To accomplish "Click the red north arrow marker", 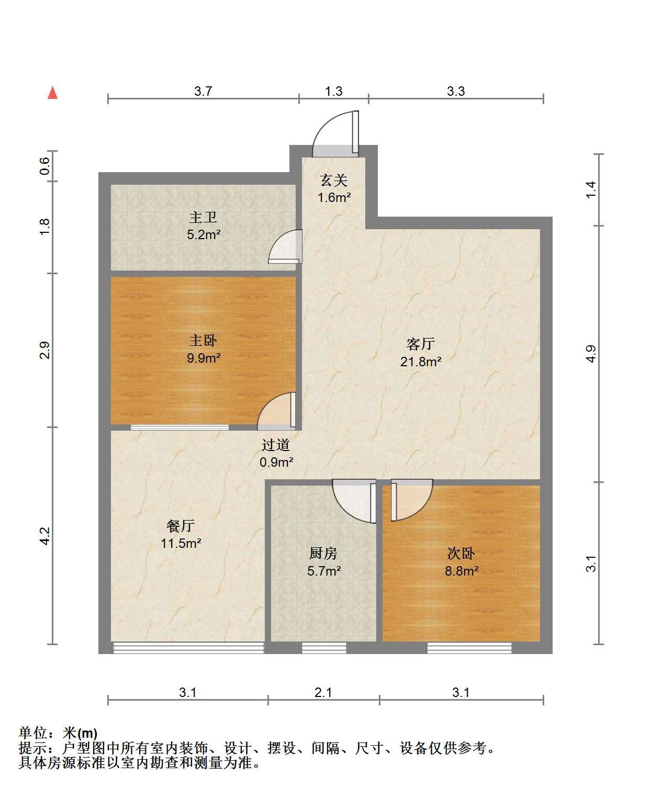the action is [x=52, y=93].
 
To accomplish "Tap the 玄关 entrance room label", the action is [x=333, y=181].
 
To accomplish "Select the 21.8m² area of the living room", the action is [x=421, y=362].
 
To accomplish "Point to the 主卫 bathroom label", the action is [x=203, y=218].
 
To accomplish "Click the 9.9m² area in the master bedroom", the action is [x=204, y=358].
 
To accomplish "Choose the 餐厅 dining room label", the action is [x=181, y=526].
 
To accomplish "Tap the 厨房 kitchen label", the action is [x=323, y=553].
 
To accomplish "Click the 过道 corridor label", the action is [x=276, y=445].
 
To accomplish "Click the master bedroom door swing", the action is [x=276, y=410].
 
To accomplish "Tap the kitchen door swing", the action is [x=354, y=501].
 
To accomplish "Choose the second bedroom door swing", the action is [x=412, y=500].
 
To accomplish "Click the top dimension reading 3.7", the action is [x=203, y=91].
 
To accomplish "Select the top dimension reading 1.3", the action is [x=333, y=91].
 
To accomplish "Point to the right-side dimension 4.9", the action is [x=590, y=354].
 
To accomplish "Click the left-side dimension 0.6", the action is [x=44, y=166].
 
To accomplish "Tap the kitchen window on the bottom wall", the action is [x=324, y=648].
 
